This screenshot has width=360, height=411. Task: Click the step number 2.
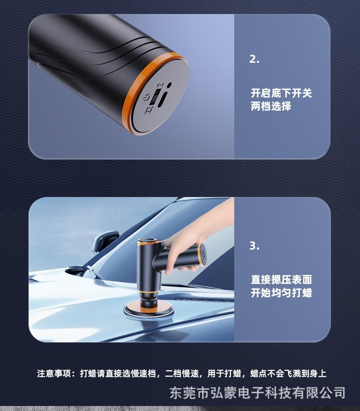click(254, 59)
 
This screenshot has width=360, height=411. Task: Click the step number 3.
click(254, 246)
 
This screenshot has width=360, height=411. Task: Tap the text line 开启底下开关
click(281, 93)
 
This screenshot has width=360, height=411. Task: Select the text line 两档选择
click(271, 107)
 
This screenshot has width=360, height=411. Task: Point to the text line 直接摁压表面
click(281, 279)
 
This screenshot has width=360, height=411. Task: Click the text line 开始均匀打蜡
click(281, 293)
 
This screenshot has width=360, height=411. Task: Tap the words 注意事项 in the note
click(54, 373)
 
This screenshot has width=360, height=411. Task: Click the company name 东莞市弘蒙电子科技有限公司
click(257, 393)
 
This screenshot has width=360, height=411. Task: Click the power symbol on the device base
click(147, 98)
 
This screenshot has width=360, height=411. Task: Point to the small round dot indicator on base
click(170, 85)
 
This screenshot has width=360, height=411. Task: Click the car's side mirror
click(105, 241)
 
